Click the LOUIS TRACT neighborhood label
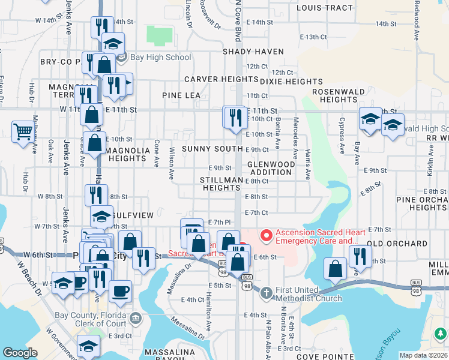[x=324, y=8]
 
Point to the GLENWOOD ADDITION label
[x=271, y=168]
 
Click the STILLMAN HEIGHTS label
[x=222, y=184]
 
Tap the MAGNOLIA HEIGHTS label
[x=127, y=155]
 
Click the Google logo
[x=20, y=353]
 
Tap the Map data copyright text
[x=424, y=355]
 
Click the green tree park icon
[x=440, y=334]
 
